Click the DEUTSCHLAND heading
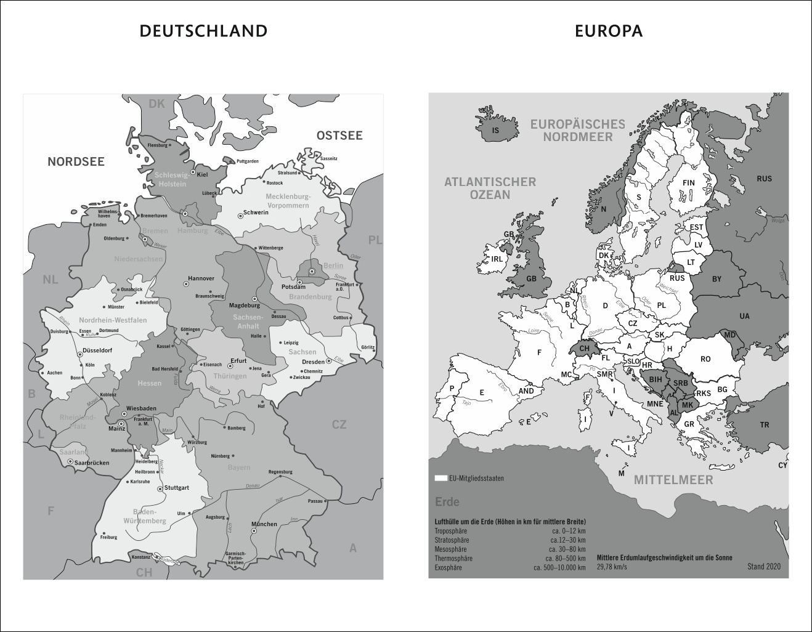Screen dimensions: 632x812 tap(203, 31)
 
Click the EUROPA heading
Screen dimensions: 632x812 tap(609, 31)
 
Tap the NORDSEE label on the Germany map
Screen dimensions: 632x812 tap(76, 162)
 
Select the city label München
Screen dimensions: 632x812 tap(264, 524)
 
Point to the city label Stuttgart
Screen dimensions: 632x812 tap(176, 487)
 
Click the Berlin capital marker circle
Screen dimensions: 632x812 tap(312, 271)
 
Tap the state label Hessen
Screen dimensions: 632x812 tap(149, 383)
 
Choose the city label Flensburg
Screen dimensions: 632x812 tap(157, 145)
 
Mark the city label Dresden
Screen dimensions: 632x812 tap(314, 362)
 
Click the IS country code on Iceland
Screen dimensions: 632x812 tap(495, 131)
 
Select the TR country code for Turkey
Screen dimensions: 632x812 tap(764, 425)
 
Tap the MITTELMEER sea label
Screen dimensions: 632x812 tap(673, 480)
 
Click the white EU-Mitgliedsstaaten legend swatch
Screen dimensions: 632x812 tap(441, 478)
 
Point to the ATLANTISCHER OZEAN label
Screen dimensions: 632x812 tap(490, 188)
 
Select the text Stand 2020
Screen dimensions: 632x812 tap(763, 566)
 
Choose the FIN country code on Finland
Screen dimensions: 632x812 tap(688, 183)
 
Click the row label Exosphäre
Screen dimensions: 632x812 tap(448, 567)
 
